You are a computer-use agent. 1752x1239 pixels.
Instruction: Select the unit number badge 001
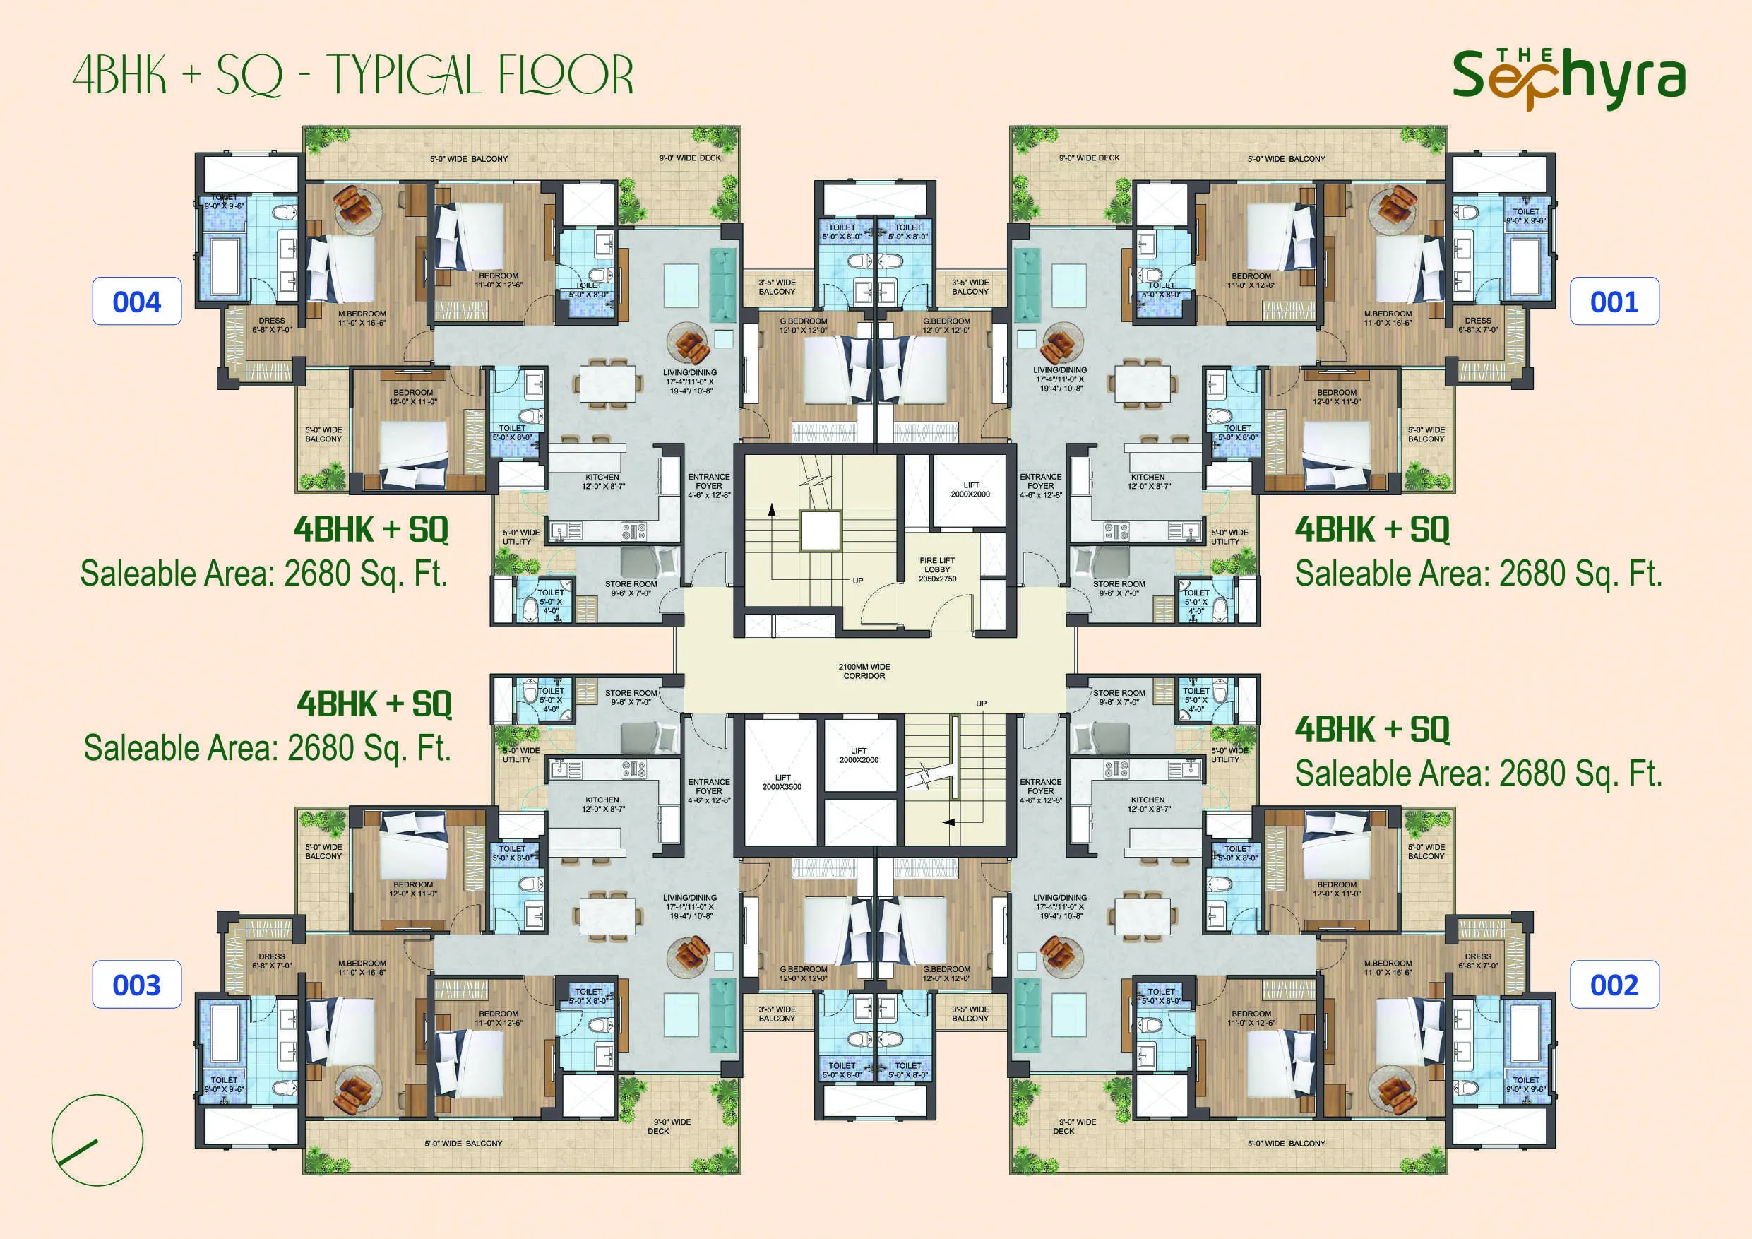1614,302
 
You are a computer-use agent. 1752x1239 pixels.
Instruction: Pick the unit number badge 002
1614,985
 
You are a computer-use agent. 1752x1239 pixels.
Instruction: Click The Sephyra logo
1568,78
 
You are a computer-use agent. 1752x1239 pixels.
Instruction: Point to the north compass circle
97,1140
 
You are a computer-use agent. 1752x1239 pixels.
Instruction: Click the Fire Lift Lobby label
937,569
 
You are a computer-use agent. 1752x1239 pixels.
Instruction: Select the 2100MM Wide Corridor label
864,671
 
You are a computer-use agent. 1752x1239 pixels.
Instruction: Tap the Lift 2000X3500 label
782,782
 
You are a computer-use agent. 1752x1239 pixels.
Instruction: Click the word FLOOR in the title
565,76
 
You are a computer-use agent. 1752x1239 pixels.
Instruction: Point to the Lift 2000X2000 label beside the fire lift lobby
970,490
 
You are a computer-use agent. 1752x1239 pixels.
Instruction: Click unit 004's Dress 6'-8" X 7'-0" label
272,325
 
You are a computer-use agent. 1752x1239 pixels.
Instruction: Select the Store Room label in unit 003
631,697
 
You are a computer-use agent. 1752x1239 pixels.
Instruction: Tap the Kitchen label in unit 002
1147,804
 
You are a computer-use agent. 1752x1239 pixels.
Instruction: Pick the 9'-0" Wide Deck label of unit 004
690,158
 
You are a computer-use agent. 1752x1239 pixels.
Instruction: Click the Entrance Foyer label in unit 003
709,791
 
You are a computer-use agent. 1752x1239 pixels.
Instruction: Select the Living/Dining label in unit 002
1060,906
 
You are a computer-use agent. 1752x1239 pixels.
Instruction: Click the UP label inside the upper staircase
858,581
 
